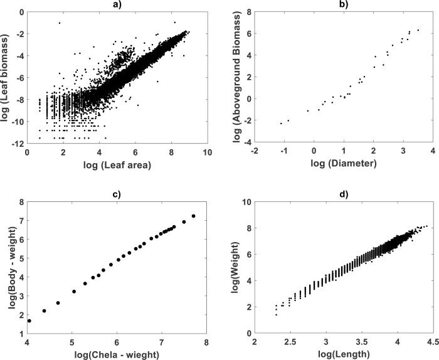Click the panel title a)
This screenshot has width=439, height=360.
pyautogui.click(x=116, y=5)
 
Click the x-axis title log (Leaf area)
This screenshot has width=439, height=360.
pyautogui.click(x=116, y=166)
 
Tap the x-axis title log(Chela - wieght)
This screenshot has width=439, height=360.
pyautogui.click(x=116, y=354)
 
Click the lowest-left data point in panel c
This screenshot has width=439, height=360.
pyautogui.click(x=29, y=320)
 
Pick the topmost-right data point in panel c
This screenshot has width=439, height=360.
pyautogui.click(x=193, y=216)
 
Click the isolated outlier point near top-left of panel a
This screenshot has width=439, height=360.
pyautogui.click(x=60, y=23)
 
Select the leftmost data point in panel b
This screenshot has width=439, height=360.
pyautogui.click(x=281, y=123)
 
